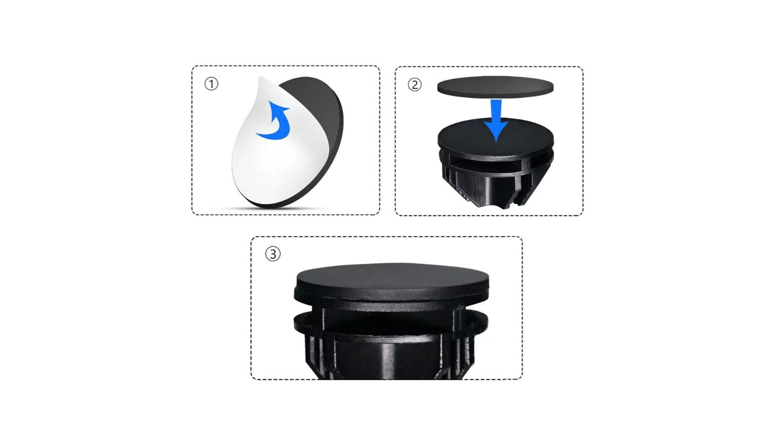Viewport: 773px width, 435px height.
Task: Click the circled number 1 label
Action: click(x=211, y=84)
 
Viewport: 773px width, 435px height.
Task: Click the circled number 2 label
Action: click(x=414, y=85)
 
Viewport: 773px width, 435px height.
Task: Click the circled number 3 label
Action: click(x=273, y=254)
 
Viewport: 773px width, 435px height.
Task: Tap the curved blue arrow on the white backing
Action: click(x=274, y=121)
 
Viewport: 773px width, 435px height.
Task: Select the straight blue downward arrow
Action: click(x=496, y=121)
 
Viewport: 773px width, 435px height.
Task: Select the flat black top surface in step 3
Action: click(x=392, y=276)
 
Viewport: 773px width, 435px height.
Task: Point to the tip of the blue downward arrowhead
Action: click(x=496, y=142)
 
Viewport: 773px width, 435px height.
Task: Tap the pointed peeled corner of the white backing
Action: click(x=260, y=77)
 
